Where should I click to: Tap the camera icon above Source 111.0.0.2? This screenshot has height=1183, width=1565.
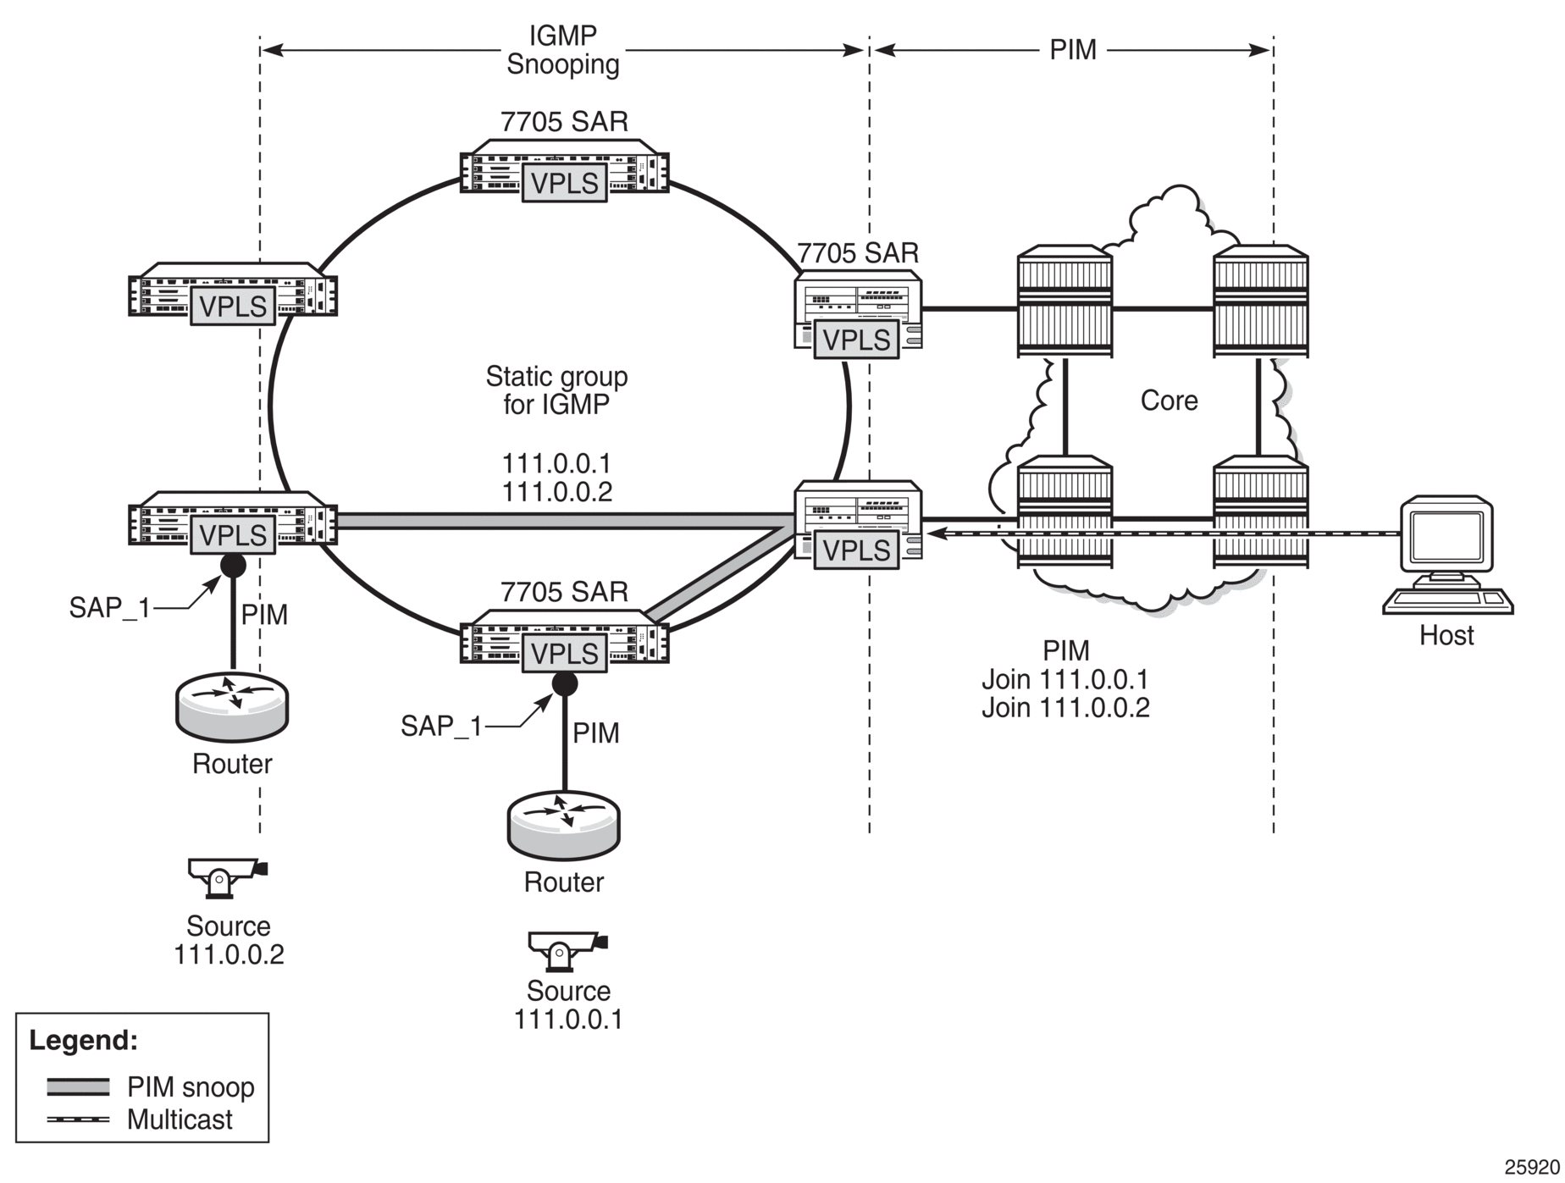228,877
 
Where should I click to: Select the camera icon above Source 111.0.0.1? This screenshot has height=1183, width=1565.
567,950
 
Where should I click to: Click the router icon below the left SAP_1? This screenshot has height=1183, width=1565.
232,708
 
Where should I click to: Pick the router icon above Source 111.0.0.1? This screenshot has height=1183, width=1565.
564,826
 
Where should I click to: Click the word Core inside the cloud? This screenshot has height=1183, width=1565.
1169,400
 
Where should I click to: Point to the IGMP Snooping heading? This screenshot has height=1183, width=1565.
563,50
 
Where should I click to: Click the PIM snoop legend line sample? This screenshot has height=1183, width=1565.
78,1086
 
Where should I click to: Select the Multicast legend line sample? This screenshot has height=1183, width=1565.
78,1119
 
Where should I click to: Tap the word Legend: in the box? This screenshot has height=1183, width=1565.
83,1040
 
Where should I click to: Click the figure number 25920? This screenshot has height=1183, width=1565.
1531,1167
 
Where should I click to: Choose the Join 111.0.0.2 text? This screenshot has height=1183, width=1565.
1065,707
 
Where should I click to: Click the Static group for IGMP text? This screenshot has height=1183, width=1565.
556,390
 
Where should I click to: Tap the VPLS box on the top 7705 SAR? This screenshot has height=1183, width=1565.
565,183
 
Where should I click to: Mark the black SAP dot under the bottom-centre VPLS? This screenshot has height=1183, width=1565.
564,683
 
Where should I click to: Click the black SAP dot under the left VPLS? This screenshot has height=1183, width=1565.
233,565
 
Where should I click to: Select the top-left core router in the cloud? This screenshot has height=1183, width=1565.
1065,301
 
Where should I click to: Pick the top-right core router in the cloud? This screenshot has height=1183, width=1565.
1260,301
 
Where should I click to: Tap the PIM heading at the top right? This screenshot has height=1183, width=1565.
1073,50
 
